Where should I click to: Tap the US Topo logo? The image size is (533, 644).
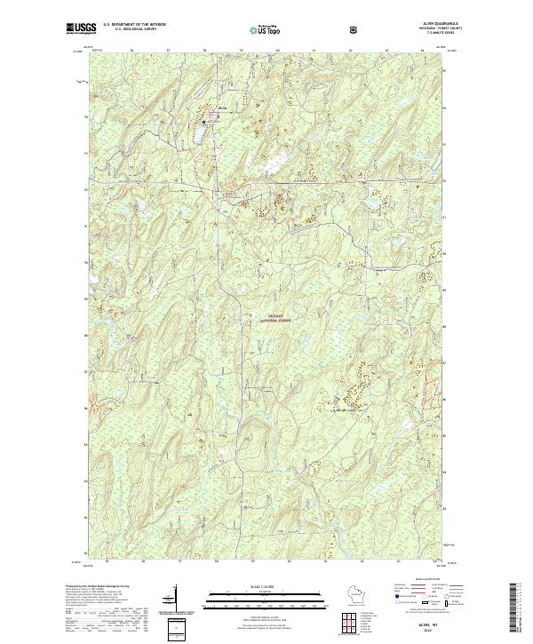click(266, 29)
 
